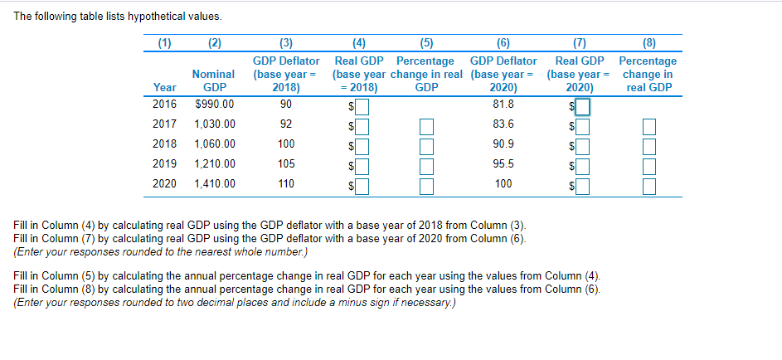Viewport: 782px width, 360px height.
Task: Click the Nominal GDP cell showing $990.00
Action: (214, 105)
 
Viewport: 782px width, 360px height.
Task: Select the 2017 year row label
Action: (164, 124)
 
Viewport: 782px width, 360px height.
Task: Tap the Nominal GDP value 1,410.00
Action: (214, 183)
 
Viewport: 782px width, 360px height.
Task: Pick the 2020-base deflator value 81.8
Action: (503, 105)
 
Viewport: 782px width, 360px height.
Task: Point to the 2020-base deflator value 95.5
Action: (503, 163)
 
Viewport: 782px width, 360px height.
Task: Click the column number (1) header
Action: (164, 44)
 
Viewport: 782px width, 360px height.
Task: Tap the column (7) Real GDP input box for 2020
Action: (582, 185)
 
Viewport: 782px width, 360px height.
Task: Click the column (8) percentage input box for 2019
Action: (648, 165)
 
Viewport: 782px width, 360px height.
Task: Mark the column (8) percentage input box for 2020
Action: (648, 185)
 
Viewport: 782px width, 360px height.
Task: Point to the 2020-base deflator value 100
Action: (503, 183)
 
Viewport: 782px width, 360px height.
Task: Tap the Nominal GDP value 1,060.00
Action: (214, 144)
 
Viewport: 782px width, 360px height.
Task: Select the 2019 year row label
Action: (164, 163)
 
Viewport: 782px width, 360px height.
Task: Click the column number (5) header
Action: (425, 44)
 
